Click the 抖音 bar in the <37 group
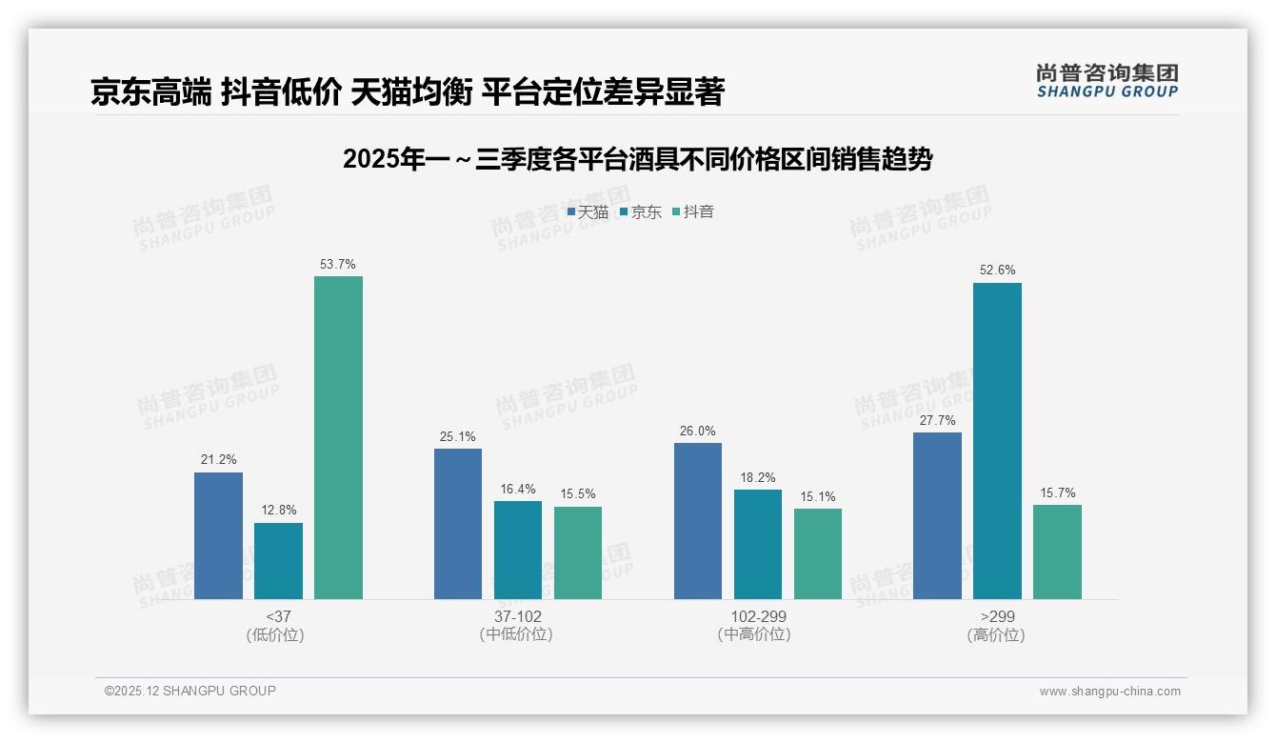338,437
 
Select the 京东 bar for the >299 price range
997,441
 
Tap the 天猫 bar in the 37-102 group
458,524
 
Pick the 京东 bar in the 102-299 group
758,544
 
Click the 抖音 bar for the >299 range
1057,552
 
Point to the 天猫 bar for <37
218,535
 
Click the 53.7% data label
338,264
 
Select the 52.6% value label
997,271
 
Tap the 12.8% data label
278,511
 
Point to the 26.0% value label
698,431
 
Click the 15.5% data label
578,494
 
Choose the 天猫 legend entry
588,212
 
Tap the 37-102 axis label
517,616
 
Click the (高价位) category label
996,635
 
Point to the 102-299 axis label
758,616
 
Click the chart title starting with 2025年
637,159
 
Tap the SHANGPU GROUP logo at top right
1107,81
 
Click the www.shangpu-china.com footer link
1109,692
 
